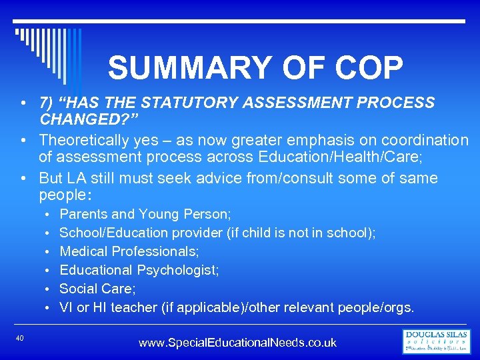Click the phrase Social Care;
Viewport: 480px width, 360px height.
click(x=97, y=289)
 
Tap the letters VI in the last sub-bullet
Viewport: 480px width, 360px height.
click(x=66, y=307)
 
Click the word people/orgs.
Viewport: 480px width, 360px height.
click(x=376, y=307)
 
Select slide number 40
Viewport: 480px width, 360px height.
click(x=19, y=339)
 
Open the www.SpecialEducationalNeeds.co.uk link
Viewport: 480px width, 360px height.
click(x=237, y=343)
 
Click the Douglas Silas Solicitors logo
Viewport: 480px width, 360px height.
click(x=437, y=341)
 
